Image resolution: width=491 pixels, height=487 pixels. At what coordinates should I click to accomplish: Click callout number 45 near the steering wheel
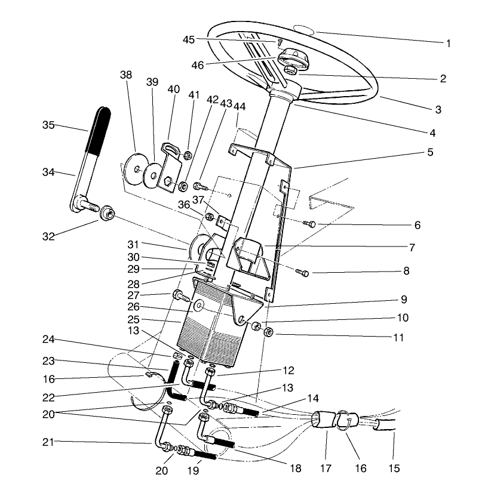[188, 40]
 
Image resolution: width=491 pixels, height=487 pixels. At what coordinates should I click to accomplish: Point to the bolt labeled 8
[303, 273]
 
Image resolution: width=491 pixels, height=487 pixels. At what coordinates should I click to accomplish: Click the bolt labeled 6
[310, 224]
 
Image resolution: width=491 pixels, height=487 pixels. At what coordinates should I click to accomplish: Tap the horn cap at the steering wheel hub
[291, 57]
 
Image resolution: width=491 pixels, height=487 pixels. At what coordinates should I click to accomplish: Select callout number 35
[49, 125]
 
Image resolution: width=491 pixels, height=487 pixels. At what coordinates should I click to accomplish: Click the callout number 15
[394, 468]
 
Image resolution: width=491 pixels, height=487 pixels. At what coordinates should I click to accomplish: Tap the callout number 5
[429, 152]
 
